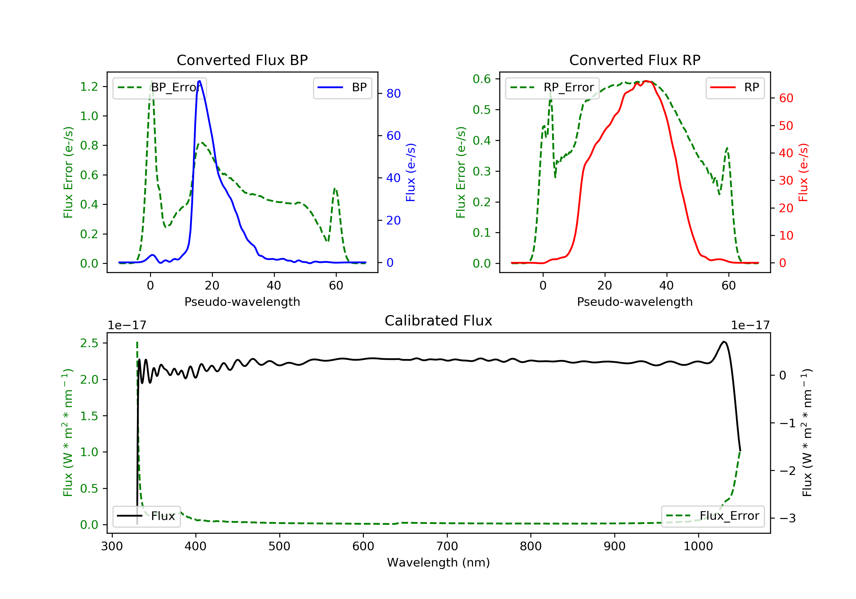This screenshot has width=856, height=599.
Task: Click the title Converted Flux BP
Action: point(242,60)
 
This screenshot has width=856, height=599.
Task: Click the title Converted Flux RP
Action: point(635,60)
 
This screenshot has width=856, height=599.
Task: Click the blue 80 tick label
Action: point(394,93)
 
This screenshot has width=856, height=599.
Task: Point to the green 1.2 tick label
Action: point(89,86)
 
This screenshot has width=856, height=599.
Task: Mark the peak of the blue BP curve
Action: point(199,81)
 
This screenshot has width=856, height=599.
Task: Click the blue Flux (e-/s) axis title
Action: point(411,172)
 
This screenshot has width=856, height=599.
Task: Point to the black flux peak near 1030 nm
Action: point(724,341)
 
